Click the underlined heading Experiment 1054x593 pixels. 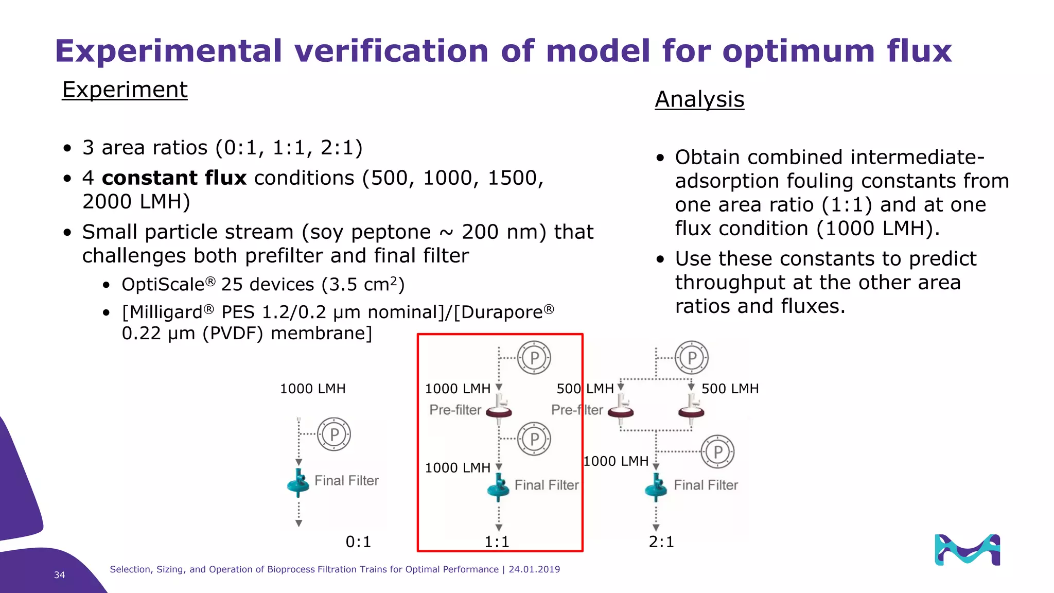click(125, 90)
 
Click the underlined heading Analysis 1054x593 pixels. click(699, 99)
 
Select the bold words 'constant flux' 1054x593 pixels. click(174, 178)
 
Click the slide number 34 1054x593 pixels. click(60, 575)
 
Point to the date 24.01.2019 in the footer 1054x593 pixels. click(534, 569)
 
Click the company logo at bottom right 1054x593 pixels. click(967, 550)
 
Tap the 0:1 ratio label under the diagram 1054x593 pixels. click(358, 542)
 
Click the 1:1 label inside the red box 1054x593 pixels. click(497, 542)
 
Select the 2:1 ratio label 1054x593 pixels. click(661, 542)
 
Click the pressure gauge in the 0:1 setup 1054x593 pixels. click(334, 434)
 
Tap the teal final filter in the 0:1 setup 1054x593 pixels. click(298, 482)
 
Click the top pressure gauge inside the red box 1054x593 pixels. click(534, 357)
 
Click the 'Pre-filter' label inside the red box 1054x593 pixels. click(455, 410)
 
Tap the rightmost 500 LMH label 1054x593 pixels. click(730, 389)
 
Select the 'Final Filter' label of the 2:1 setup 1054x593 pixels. click(706, 485)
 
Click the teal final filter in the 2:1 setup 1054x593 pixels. click(656, 487)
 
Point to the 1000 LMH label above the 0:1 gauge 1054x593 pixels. click(312, 389)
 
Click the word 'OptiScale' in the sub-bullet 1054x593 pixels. click(163, 285)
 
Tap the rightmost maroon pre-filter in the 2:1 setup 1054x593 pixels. click(691, 409)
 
